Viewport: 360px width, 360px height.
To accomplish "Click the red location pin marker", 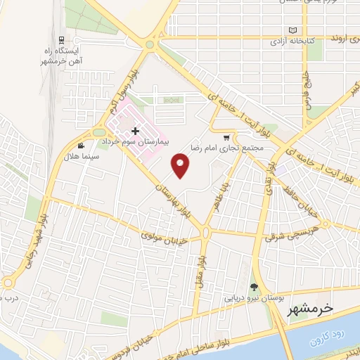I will (x=181, y=166).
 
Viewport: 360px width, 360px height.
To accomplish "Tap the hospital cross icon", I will (x=135, y=131).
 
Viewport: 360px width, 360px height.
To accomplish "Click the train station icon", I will (x=63, y=39).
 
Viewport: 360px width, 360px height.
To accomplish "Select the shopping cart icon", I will (x=226, y=138).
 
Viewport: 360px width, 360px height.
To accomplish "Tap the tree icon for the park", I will (x=254, y=287).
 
